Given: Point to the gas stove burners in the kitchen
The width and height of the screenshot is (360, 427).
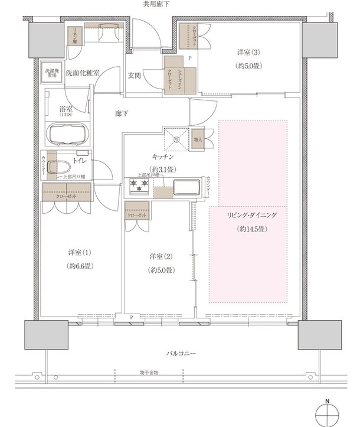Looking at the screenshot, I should (x=139, y=187).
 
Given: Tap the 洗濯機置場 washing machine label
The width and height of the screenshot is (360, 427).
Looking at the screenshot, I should (x=51, y=73).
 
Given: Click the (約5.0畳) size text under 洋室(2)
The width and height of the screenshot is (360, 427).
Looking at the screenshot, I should (x=160, y=270).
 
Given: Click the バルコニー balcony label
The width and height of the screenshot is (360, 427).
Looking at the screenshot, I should (x=181, y=353).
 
